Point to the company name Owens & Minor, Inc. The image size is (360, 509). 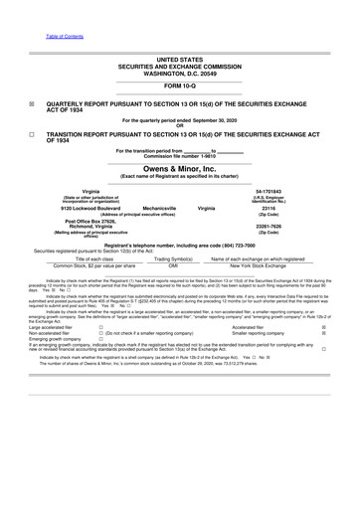179,168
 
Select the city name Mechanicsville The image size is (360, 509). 161,208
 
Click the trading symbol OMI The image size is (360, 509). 173,265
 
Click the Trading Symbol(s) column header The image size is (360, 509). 173,258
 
